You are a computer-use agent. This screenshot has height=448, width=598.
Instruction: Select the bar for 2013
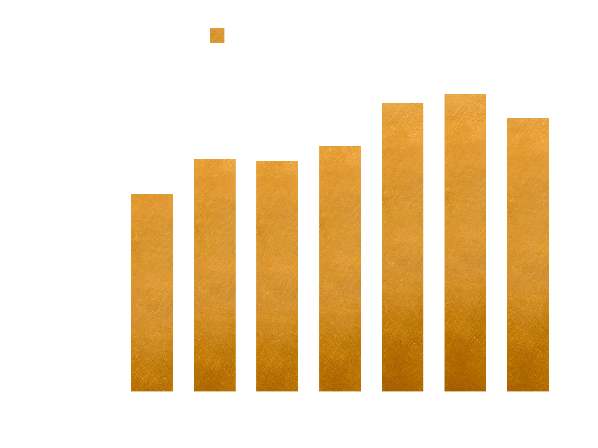pos(152,293)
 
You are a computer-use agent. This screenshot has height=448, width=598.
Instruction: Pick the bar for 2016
pos(340,269)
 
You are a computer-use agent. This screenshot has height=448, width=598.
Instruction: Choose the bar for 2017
pos(403,247)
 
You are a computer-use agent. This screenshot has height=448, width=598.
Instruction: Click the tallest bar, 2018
pos(465,243)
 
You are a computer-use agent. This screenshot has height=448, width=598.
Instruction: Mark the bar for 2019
pos(528,255)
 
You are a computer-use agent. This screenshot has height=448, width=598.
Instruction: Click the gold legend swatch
pos(217,36)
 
